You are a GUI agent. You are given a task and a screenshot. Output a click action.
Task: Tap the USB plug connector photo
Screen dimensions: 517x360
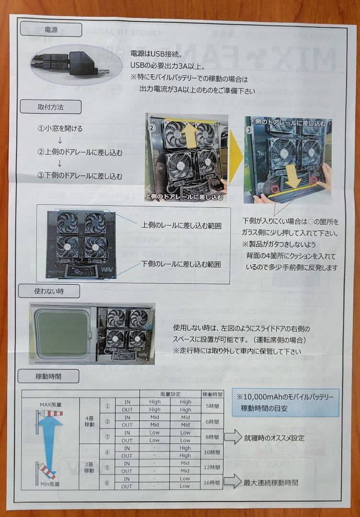click(x=69, y=64)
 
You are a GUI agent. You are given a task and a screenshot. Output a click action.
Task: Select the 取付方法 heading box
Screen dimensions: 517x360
click(x=50, y=107)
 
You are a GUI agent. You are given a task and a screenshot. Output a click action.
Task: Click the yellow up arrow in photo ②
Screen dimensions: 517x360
click(x=190, y=135)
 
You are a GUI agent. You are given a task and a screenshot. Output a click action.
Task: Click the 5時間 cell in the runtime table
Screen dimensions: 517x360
click(x=212, y=406)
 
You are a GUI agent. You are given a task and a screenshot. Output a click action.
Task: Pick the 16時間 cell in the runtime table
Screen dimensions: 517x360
click(x=212, y=483)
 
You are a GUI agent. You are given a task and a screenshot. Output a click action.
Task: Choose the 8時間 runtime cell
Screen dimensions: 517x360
click(x=212, y=437)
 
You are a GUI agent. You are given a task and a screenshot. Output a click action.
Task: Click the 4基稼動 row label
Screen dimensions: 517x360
click(x=89, y=421)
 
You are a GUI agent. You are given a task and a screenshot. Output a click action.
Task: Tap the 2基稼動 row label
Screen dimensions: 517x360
click(x=89, y=467)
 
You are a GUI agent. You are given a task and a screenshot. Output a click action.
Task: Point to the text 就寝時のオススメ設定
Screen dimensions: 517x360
click(x=274, y=438)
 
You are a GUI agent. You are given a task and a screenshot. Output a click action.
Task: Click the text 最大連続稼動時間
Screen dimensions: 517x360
click(x=270, y=483)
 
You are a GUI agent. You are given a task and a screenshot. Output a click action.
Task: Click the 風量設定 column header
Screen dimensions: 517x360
click(x=169, y=394)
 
